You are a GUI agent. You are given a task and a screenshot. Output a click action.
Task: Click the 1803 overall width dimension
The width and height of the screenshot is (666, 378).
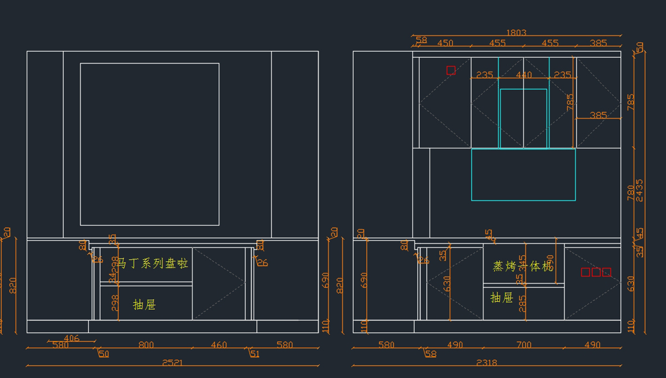tap(516, 33)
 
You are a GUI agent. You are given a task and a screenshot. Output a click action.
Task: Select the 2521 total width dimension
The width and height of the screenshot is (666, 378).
tap(173, 363)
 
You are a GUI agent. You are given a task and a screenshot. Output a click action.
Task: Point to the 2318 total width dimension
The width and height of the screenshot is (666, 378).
tap(487, 363)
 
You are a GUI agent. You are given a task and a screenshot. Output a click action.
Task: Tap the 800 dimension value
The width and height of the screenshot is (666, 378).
tap(146, 345)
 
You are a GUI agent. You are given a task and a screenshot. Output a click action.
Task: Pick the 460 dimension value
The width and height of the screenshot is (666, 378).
tap(219, 345)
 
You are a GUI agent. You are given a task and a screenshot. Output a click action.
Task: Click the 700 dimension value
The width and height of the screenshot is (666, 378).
tap(523, 345)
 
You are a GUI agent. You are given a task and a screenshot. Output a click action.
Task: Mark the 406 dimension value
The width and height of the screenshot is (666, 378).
tap(72, 338)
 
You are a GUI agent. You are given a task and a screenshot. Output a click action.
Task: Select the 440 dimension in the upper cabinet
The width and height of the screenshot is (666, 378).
tap(523, 75)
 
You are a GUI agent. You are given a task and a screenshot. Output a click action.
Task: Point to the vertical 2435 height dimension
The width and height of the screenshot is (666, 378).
tap(640, 190)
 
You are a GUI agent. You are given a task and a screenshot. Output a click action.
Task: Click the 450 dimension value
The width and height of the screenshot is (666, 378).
tap(445, 43)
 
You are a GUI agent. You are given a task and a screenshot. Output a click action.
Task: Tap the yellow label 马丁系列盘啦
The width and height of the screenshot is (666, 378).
tap(153, 263)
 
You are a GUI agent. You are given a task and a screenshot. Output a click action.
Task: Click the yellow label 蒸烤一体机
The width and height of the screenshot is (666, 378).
tap(523, 266)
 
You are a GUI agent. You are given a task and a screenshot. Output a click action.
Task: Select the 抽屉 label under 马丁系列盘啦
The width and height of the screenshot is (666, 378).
tap(144, 305)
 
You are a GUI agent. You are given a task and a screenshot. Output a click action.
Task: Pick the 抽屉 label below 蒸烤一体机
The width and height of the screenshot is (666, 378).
tap(502, 298)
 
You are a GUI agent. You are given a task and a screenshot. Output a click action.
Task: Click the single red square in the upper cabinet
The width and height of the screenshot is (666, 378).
tap(451, 70)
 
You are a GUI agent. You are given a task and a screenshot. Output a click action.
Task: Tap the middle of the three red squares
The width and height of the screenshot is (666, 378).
tap(596, 272)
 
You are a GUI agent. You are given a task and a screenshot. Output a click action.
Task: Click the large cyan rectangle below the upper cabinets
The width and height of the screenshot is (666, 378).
tap(523, 175)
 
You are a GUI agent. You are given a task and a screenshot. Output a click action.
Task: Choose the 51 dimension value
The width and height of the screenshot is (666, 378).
tap(255, 354)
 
